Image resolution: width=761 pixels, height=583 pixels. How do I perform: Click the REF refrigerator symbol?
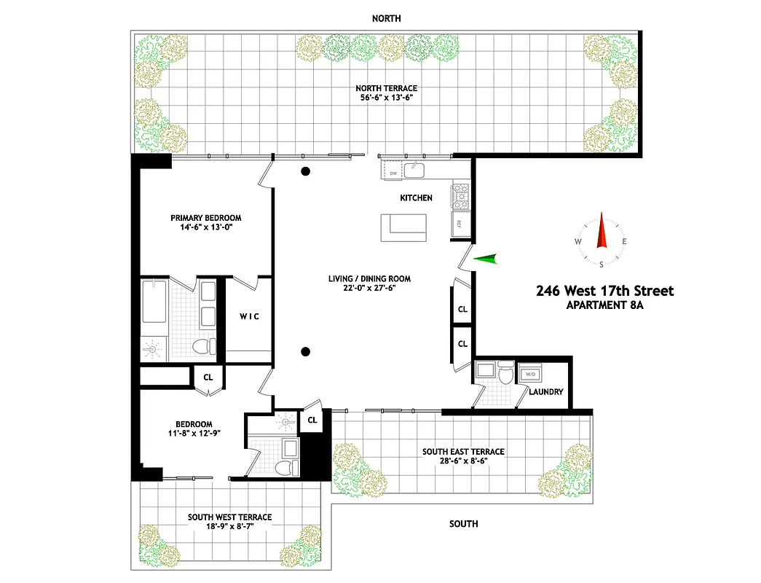pyautogui.click(x=460, y=224)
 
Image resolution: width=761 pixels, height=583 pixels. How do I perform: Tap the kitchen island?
pyautogui.click(x=404, y=228)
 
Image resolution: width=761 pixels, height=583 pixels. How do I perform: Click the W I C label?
pyautogui.click(x=250, y=317)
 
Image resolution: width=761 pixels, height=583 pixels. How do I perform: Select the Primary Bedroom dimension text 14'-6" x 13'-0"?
pyautogui.click(x=205, y=227)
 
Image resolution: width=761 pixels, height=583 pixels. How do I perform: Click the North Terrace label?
pyautogui.click(x=386, y=89)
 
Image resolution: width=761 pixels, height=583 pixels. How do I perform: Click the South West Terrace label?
pyautogui.click(x=229, y=517)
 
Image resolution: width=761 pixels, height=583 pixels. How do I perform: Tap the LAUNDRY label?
pyautogui.click(x=546, y=392)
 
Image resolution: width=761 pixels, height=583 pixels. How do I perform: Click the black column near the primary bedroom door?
pyautogui.click(x=307, y=172)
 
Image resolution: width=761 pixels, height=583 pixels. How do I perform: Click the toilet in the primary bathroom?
pyautogui.click(x=203, y=345)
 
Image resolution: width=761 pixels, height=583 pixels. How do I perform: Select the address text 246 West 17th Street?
pyautogui.click(x=604, y=291)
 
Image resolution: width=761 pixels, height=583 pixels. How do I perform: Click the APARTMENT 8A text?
pyautogui.click(x=604, y=306)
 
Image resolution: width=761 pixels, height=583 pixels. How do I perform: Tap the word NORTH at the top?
pyautogui.click(x=386, y=18)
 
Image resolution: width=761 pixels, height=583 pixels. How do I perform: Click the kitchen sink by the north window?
pyautogui.click(x=415, y=171)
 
